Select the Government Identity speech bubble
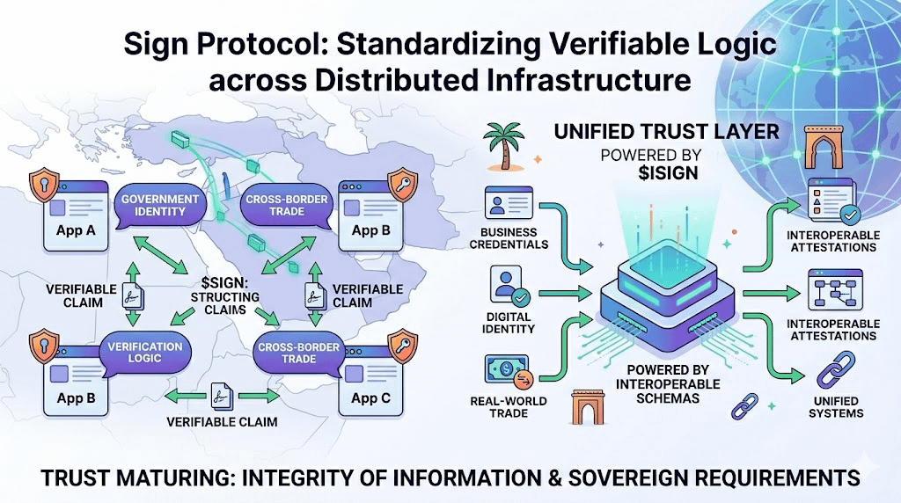(x=160, y=206)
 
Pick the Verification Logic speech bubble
(x=145, y=353)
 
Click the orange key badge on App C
(x=400, y=340)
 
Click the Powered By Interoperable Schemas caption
(x=667, y=384)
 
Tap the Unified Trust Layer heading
(x=666, y=133)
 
